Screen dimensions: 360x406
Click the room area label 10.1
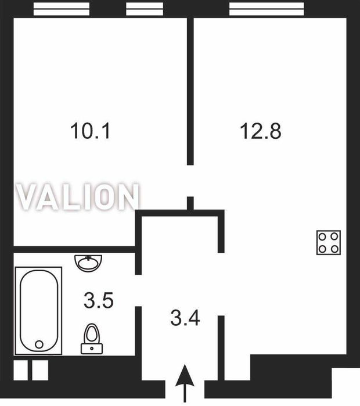[x=90, y=131]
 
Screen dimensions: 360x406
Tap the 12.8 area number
[x=260, y=131]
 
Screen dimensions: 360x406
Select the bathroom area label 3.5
[x=99, y=300]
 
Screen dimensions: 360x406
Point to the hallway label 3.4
[x=185, y=318]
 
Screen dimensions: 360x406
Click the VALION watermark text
[x=78, y=196]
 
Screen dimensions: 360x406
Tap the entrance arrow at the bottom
[x=185, y=383]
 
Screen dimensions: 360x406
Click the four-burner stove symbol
[x=329, y=243]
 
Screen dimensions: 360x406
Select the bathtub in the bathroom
[x=38, y=311]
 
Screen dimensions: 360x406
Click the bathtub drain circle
[x=39, y=344]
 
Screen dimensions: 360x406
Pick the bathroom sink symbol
[x=88, y=263]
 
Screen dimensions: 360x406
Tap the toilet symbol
[x=92, y=339]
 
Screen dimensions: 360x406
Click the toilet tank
[x=92, y=348]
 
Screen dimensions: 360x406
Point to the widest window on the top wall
[x=267, y=9]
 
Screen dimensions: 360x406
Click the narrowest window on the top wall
[x=145, y=9]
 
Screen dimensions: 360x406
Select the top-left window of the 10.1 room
[x=62, y=9]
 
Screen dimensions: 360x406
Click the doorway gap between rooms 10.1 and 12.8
[x=190, y=181]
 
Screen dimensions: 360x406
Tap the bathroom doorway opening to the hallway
[x=138, y=290]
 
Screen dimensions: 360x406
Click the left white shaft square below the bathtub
[x=20, y=370]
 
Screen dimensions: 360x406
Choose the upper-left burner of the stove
[x=322, y=236]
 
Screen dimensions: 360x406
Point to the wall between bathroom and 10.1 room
[x=74, y=249]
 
